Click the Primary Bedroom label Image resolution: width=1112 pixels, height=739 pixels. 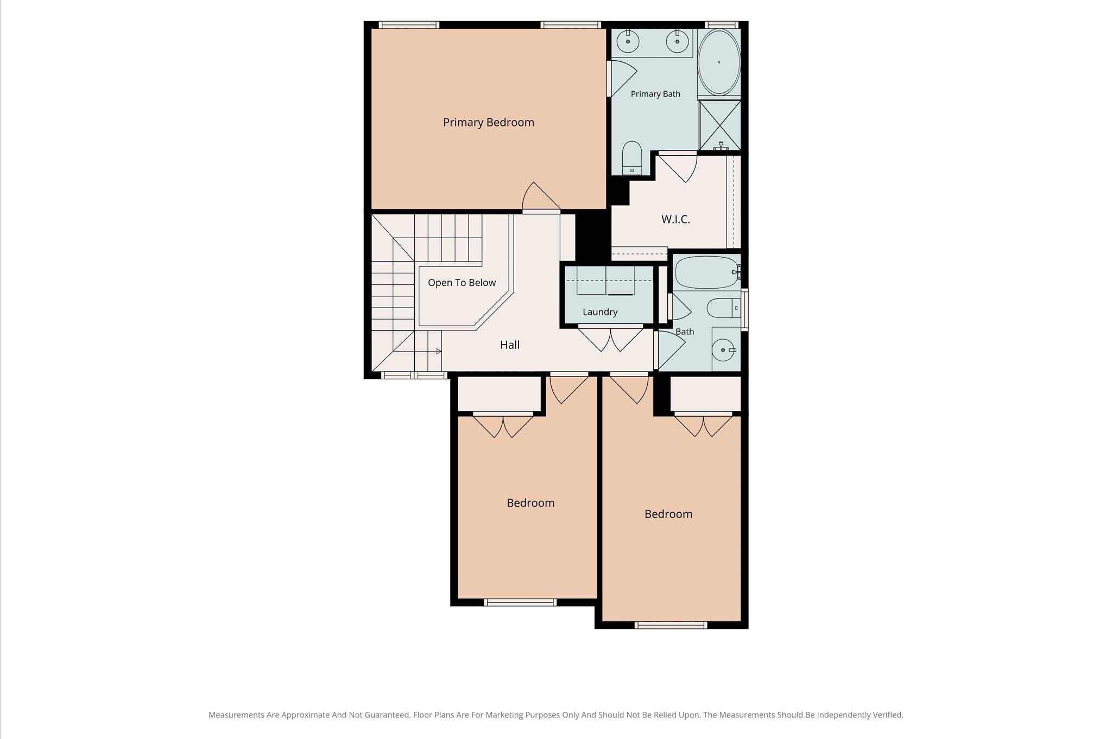[x=488, y=123]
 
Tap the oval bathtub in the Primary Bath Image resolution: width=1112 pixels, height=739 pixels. [x=718, y=62]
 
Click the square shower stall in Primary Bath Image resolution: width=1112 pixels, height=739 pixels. [x=719, y=125]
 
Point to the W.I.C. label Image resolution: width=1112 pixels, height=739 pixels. [x=675, y=219]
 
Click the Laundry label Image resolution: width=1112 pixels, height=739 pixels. [x=600, y=312]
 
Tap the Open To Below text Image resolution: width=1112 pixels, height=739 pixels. [x=462, y=283]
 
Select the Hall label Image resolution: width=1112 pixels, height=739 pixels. [x=510, y=345]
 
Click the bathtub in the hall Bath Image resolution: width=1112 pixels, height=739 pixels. [x=706, y=273]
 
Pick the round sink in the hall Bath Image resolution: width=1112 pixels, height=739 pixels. [x=723, y=350]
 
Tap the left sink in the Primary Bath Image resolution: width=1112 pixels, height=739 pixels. [x=628, y=42]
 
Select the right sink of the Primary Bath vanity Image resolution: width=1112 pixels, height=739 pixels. [x=677, y=42]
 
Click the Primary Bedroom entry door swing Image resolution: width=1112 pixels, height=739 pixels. [x=541, y=196]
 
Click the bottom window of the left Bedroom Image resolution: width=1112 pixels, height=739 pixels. [x=520, y=602]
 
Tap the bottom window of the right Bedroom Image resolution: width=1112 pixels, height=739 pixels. [x=671, y=625]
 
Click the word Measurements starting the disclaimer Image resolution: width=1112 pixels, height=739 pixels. [x=237, y=715]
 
